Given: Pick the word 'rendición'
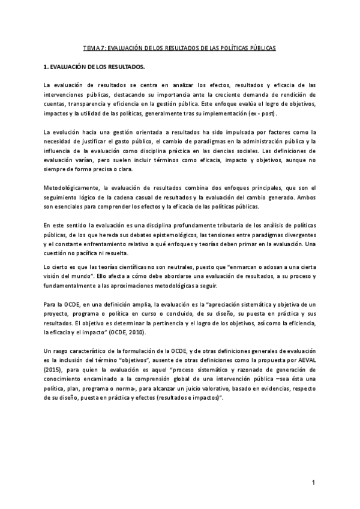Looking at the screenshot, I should [298, 94].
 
